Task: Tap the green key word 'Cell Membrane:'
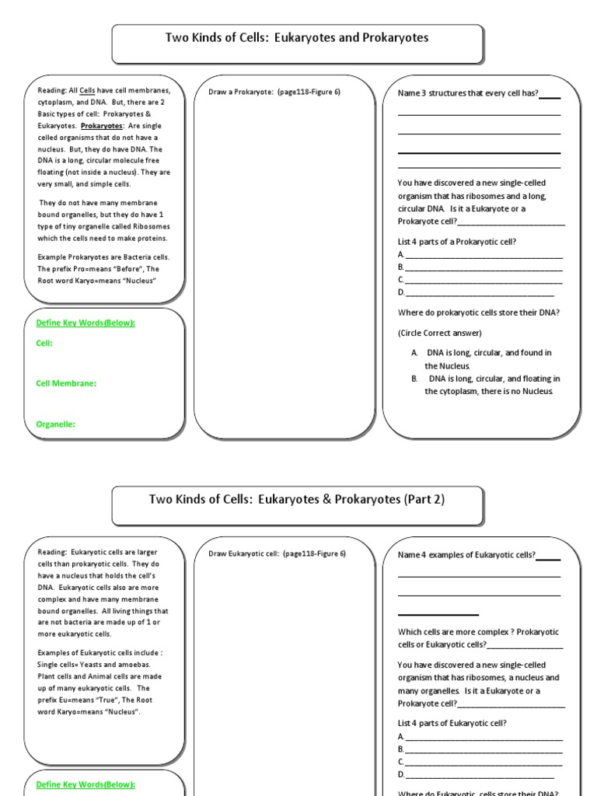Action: point(67,383)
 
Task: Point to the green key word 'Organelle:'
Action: point(56,424)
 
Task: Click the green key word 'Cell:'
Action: point(44,343)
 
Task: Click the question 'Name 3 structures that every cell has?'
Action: point(468,93)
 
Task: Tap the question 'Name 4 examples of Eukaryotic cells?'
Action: point(466,555)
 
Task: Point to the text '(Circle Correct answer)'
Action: point(440,333)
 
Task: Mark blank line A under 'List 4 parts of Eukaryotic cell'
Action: point(483,736)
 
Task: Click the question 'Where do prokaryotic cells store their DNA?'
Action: point(479,312)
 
